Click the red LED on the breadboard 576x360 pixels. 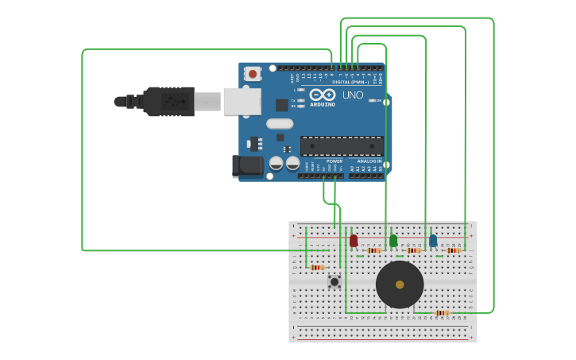(x=354, y=240)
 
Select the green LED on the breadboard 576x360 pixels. (x=393, y=240)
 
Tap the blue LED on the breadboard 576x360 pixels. (x=433, y=240)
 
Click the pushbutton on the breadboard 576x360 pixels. (x=334, y=281)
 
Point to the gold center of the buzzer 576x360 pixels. (x=400, y=285)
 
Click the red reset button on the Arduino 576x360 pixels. (x=253, y=74)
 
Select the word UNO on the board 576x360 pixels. (x=353, y=95)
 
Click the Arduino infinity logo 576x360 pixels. (x=323, y=95)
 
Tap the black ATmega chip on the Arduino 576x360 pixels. (x=342, y=146)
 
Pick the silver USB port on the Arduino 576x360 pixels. (x=242, y=102)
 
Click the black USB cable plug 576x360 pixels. (x=168, y=102)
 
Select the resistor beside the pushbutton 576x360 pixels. (x=318, y=268)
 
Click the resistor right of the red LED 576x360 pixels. (x=373, y=250)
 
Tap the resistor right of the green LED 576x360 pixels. (x=413, y=250)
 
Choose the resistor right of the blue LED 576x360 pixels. (x=453, y=250)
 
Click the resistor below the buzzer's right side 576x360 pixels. (x=442, y=313)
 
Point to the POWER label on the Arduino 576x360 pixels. (x=334, y=161)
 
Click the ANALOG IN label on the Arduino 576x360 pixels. (x=369, y=161)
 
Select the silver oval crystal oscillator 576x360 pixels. (x=280, y=123)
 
